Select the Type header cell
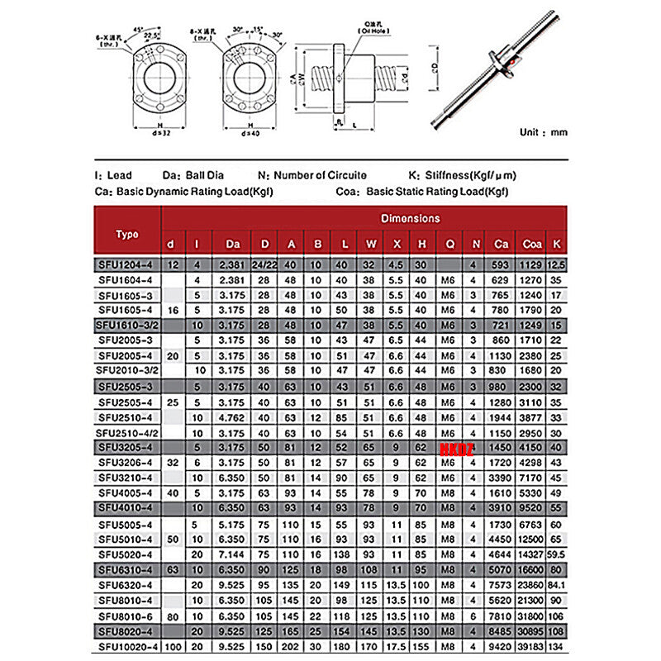(127, 234)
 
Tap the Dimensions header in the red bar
(410, 218)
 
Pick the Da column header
(233, 244)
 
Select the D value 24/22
(265, 264)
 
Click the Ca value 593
(501, 264)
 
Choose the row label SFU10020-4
(127, 646)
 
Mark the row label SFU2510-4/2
(127, 432)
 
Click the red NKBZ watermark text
(453, 447)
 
